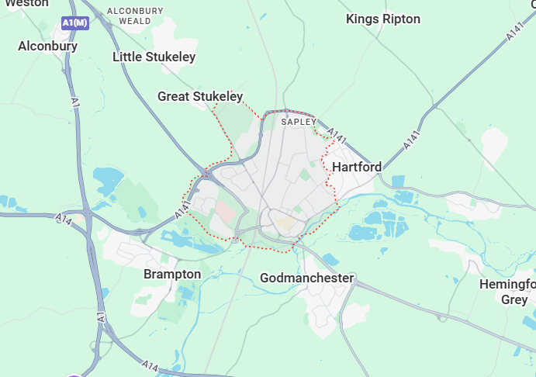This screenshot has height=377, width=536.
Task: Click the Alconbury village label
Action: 48,46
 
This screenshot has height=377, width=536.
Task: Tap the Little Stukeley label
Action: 154,57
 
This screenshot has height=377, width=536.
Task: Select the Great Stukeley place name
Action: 200,96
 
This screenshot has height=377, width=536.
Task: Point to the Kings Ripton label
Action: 383,19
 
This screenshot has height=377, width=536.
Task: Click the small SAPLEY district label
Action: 299,122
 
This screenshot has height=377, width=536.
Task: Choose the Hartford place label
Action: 357,167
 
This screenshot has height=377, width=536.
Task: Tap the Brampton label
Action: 172,274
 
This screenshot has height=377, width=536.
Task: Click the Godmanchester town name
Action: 307,278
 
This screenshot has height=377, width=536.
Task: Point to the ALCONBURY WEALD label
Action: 135,16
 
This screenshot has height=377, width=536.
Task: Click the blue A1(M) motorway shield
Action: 75,23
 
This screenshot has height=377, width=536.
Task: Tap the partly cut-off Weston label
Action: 26,3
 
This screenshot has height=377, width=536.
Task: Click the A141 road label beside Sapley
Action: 336,136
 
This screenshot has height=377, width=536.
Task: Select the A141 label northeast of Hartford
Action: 411,140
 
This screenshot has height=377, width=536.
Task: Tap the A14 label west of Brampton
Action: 65,221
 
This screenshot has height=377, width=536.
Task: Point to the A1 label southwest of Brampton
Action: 101,317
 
